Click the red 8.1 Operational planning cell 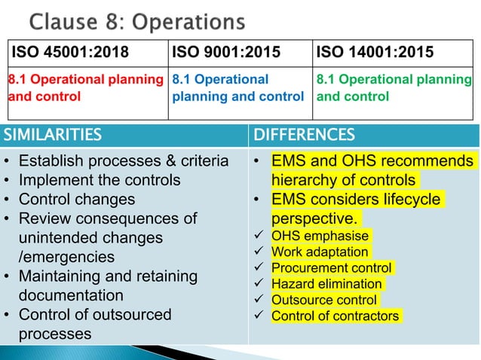pos(85,87)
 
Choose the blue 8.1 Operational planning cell pos(237,87)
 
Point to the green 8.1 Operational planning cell pos(394,87)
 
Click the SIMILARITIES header pos(53,135)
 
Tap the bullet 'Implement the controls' pos(99,180)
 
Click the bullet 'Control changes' pos(76,199)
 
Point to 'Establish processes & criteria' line pos(123,160)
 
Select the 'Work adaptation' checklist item pos(320,252)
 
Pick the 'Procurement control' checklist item pos(331,268)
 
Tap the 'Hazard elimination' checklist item pos(326,284)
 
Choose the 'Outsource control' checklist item pos(324,300)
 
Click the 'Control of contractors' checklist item pos(335,316)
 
